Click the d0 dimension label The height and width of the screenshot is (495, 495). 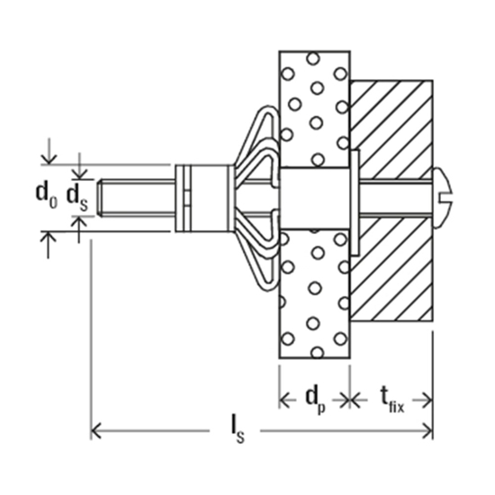46,193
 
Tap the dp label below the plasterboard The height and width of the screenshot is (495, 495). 315,398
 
